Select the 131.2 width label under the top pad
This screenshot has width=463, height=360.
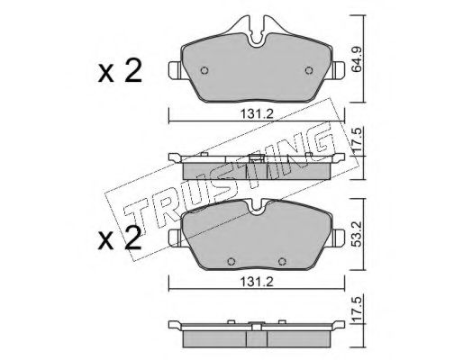coord(257,114)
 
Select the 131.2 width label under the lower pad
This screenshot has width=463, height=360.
coord(257,282)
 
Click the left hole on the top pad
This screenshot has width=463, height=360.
coord(204,70)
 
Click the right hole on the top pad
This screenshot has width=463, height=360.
coord(309,70)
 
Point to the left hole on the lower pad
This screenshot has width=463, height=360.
coord(231,262)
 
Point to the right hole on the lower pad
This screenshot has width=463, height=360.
coord(281,262)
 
